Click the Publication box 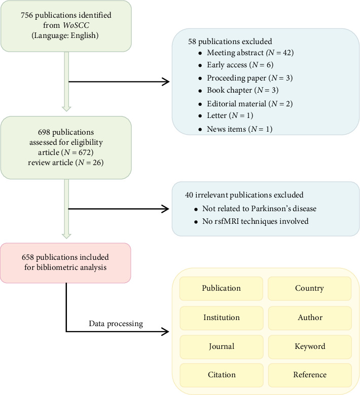coord(221,289)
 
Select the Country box coord(309,289)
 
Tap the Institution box coord(222,318)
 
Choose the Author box coord(310,318)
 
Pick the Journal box coord(222,347)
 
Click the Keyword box coord(310,347)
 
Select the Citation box coord(222,375)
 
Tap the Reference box coord(310,375)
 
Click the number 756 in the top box coord(27,15)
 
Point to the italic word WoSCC coord(76,25)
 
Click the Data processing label coord(116,324)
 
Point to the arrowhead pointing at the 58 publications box coord(166,82)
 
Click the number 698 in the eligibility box coord(44,132)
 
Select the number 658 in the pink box coord(28,257)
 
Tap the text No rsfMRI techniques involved coord(256,221)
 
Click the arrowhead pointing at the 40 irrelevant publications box coord(165,209)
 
